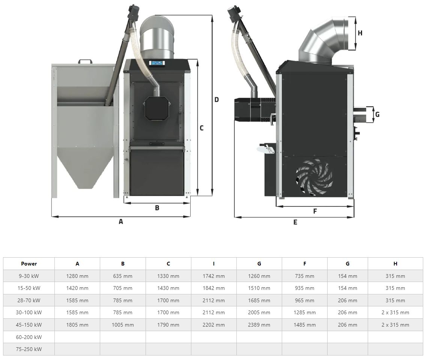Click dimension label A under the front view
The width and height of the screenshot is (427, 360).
pos(121,222)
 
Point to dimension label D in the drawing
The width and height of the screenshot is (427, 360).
pos(217,100)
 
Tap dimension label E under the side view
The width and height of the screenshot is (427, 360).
pos(295,222)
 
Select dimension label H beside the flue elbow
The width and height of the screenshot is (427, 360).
pos(360,33)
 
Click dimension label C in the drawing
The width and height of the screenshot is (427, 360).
pos(201,128)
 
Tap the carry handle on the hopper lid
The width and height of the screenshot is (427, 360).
pos(85,61)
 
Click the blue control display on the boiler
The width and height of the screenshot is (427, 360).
pos(158,63)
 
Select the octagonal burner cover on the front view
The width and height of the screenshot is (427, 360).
pos(157,108)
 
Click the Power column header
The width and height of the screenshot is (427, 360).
pos(29,264)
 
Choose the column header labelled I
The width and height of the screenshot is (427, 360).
pos(213,264)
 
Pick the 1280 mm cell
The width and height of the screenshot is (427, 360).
pos(77,276)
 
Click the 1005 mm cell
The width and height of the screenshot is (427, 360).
pos(123,325)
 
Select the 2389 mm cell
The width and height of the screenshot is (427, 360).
pos(259,325)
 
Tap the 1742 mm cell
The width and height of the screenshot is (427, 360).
pos(213,276)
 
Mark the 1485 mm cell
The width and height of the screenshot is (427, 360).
pos(304,325)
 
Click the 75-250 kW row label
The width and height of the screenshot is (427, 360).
pos(29,349)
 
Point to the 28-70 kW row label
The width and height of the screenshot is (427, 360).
pos(29,300)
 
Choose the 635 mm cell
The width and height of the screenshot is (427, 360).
pos(123,276)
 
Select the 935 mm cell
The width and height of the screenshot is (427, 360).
pos(304,288)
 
